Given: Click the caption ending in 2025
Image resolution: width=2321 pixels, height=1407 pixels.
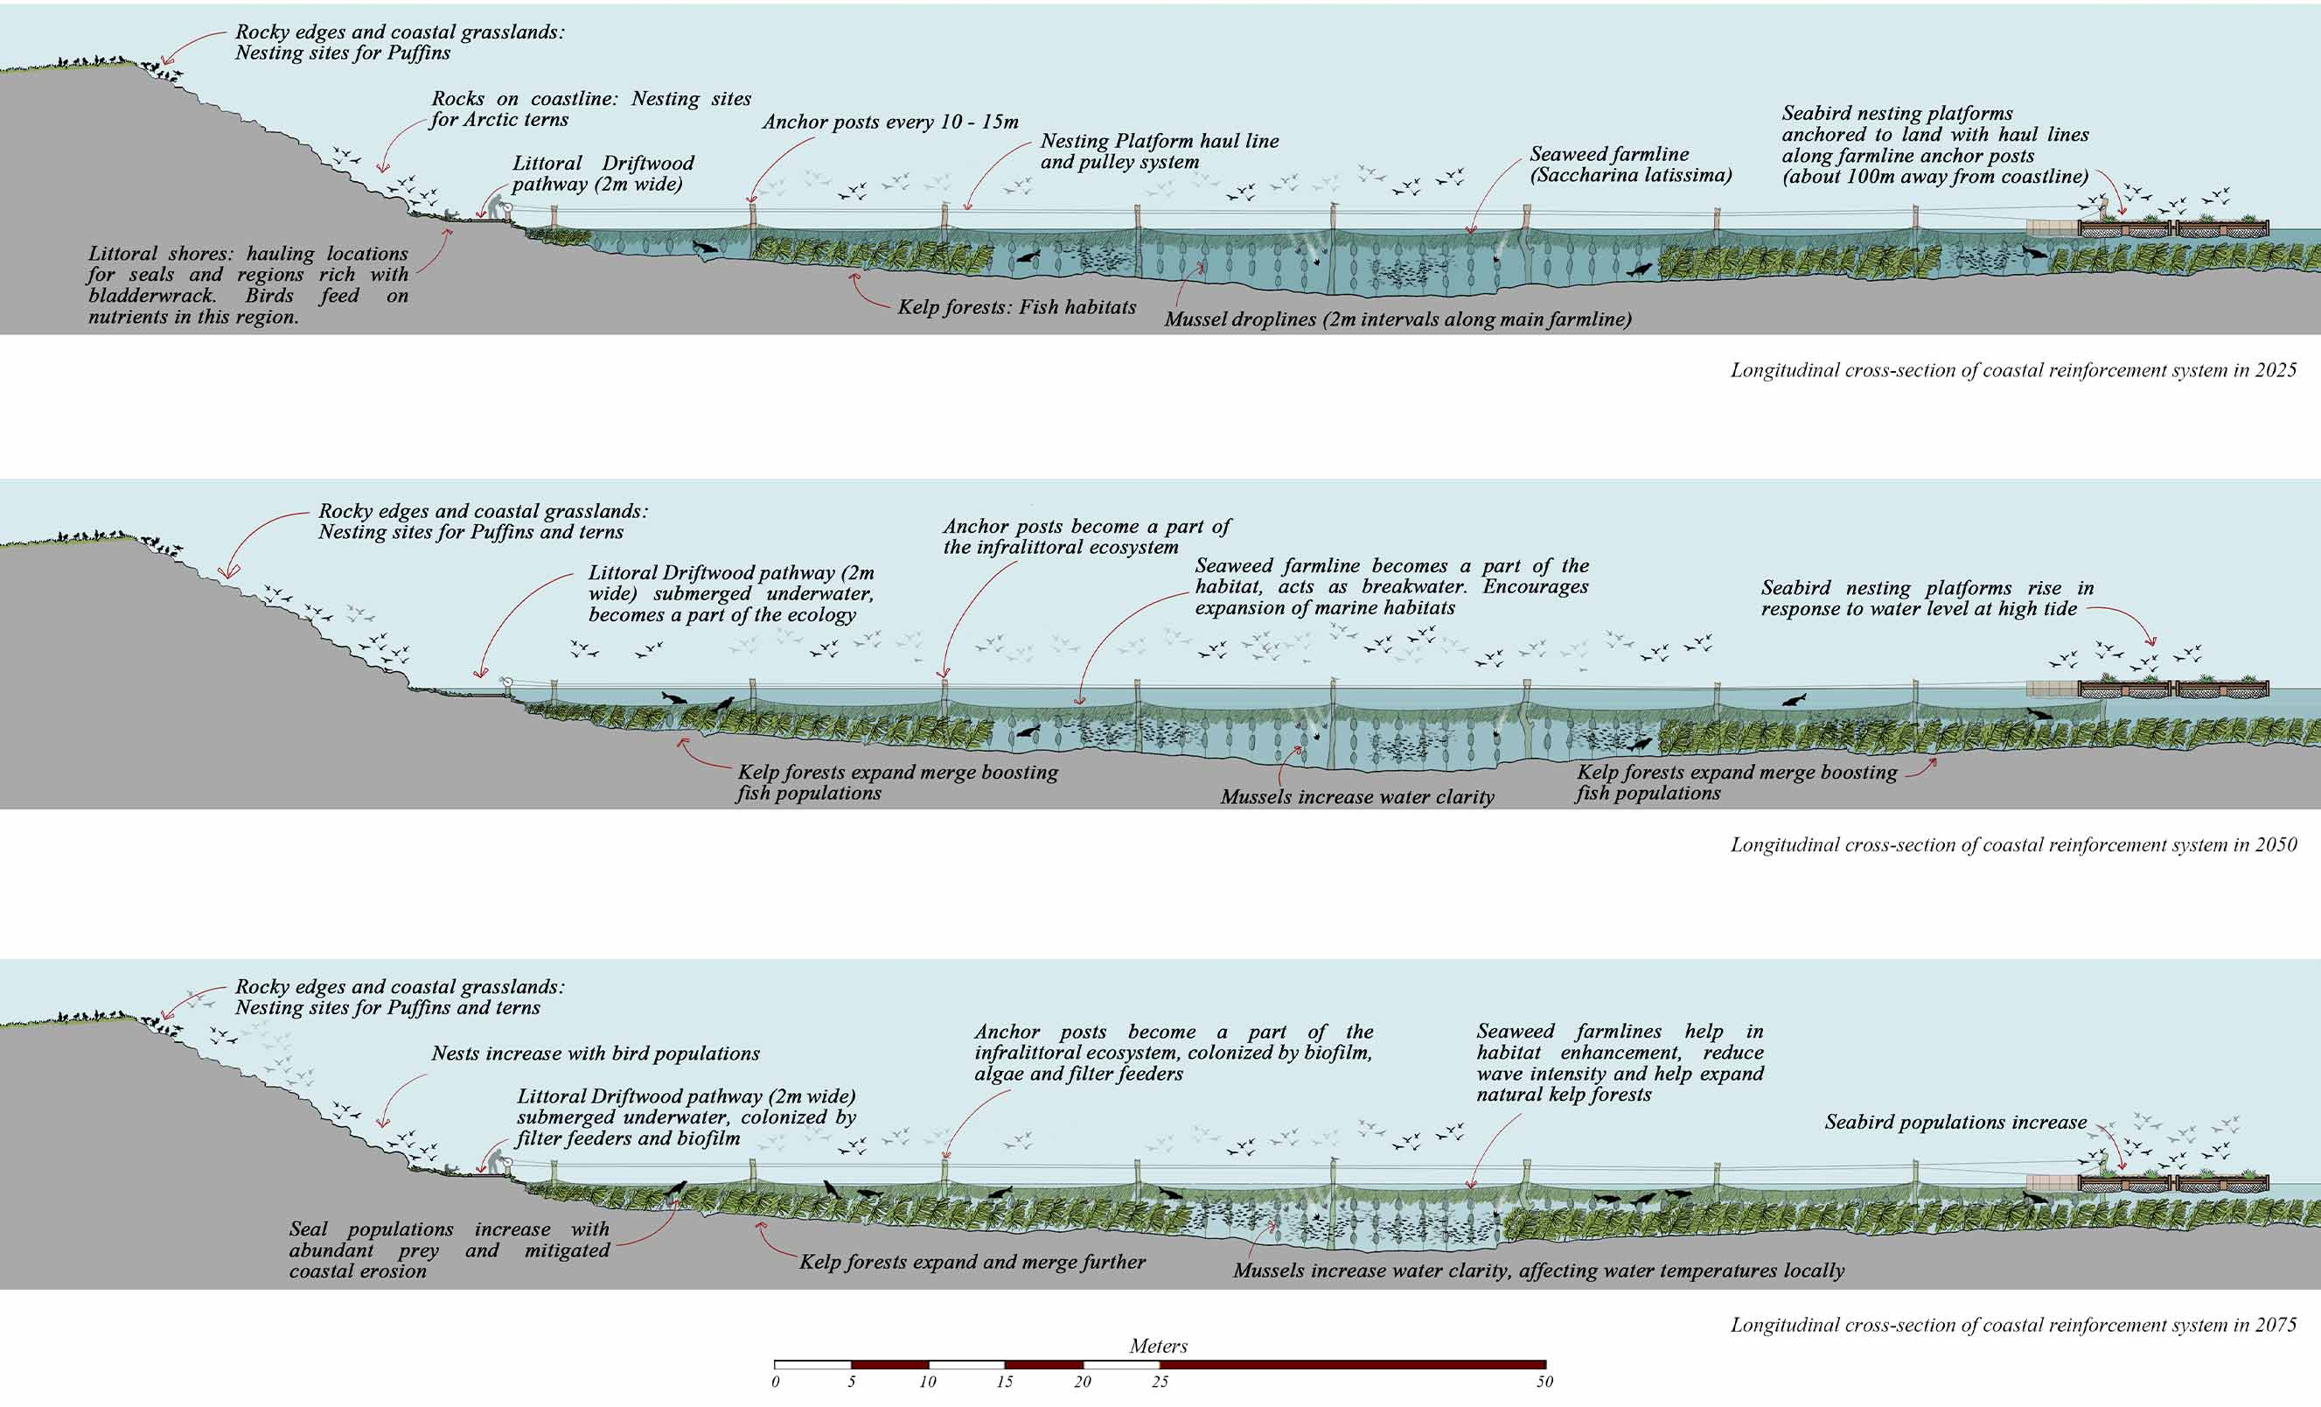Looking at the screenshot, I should click(x=2013, y=370).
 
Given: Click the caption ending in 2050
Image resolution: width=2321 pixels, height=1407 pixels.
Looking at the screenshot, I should click(x=2013, y=845).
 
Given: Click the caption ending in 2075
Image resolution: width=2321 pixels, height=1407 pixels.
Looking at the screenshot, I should click(x=2013, y=1325).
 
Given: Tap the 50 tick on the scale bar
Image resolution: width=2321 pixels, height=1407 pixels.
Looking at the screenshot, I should click(x=1544, y=1382).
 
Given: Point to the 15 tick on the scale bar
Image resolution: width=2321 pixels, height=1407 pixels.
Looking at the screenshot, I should click(x=1005, y=1382).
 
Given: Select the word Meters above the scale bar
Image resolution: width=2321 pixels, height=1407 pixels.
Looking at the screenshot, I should click(x=1159, y=1346).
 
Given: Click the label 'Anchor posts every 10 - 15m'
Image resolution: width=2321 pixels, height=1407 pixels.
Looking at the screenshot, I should click(x=890, y=122).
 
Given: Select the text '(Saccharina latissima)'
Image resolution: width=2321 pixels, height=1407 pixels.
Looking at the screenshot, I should click(x=1630, y=175).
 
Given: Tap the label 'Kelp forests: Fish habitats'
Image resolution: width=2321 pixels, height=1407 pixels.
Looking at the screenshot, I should click(x=1016, y=307).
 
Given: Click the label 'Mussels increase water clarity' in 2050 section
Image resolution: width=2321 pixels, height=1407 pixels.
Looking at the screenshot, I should click(x=1357, y=797).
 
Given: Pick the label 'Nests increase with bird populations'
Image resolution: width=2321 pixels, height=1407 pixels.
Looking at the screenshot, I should click(x=596, y=1053).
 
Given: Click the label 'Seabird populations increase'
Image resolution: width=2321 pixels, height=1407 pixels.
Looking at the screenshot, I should click(x=1955, y=1123).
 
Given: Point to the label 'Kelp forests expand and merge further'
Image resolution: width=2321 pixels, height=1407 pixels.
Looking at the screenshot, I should click(x=972, y=1262).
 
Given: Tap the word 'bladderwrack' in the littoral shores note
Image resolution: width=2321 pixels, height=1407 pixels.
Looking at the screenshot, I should click(x=150, y=296).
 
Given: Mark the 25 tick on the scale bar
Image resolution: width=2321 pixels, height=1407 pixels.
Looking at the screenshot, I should click(x=1160, y=1382).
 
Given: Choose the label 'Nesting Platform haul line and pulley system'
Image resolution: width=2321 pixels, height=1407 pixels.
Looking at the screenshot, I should click(x=1160, y=150).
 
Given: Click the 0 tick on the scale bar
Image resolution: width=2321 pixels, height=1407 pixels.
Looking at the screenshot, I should click(x=775, y=1382).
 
